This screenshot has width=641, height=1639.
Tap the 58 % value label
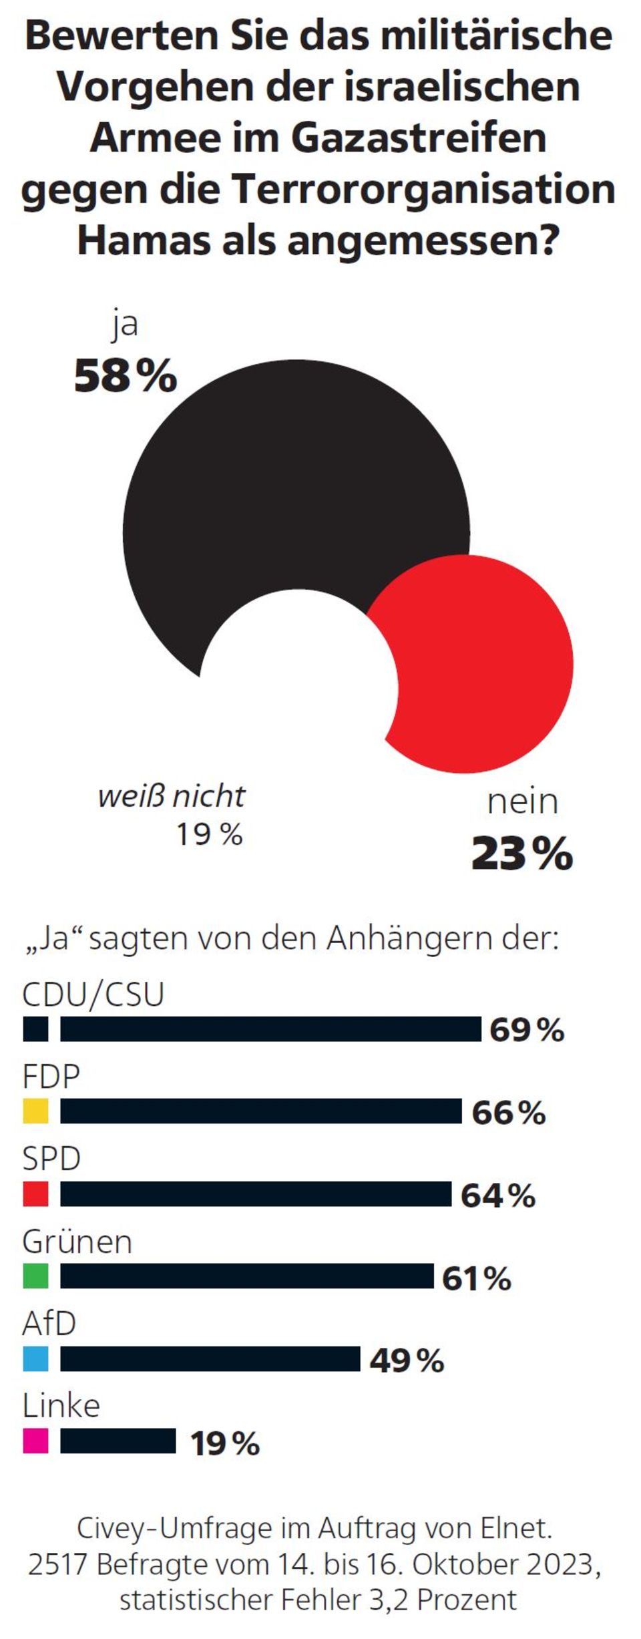[126, 376]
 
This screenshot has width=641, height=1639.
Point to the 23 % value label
[522, 854]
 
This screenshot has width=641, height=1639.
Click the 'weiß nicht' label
[172, 796]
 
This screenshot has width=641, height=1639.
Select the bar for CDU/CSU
[270, 1029]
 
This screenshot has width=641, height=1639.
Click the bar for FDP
[260, 1111]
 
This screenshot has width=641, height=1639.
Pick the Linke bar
[118, 1441]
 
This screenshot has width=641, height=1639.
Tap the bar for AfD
[210, 1358]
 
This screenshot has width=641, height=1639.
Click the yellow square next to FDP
[35, 1111]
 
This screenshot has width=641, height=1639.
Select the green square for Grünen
[35, 1276]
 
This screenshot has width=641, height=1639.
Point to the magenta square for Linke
[35, 1441]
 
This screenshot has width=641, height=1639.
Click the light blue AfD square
[35, 1358]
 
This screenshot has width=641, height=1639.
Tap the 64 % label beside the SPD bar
[498, 1196]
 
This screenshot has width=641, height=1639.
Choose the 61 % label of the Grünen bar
[477, 1278]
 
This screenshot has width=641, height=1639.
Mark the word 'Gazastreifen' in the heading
[419, 138]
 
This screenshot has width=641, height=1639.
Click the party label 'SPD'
[51, 1159]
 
